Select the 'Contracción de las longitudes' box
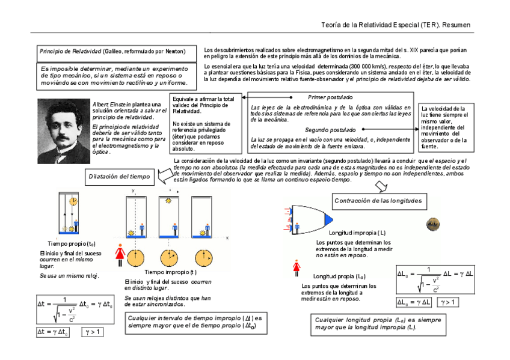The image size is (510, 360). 378,201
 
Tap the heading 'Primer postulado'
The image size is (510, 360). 330,97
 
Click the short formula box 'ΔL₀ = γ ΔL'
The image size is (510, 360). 414,302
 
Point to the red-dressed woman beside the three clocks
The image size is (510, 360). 118,254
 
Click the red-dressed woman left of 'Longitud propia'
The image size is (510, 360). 296,267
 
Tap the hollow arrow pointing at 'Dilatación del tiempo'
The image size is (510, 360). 163,175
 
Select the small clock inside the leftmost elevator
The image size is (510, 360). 72,200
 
